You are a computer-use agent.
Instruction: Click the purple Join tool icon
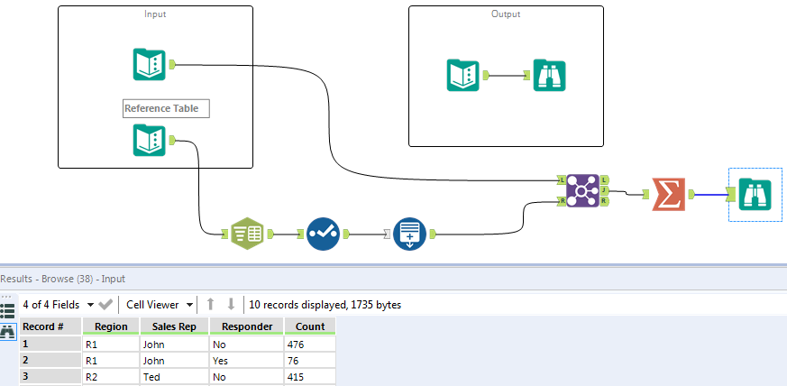(580, 189)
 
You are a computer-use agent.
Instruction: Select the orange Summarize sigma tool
(667, 193)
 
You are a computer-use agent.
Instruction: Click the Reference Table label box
(166, 108)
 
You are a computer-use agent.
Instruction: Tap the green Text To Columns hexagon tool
(246, 234)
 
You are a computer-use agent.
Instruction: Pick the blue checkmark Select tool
(322, 234)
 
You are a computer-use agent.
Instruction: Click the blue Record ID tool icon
(409, 234)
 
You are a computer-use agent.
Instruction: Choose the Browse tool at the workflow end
(754, 193)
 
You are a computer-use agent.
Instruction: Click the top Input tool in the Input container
(149, 64)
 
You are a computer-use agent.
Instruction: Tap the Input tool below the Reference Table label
(149, 141)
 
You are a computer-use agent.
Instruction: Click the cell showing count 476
(309, 344)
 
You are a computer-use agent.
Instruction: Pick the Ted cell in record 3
(173, 376)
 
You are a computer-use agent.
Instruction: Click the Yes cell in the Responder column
(245, 360)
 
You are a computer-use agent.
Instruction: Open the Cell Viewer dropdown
(160, 305)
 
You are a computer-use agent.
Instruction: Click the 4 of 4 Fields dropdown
(58, 305)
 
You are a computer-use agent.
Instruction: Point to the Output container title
(506, 14)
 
